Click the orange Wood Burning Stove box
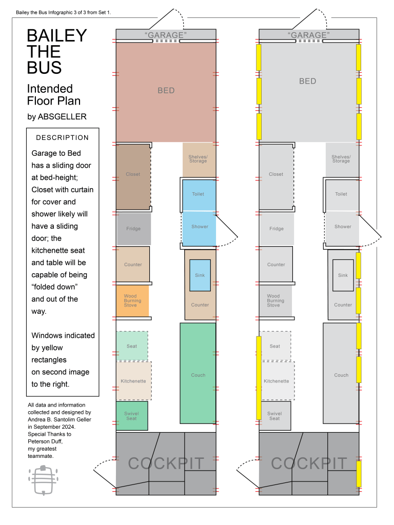[132, 300]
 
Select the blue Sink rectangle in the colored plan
[200, 275]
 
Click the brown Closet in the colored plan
[133, 177]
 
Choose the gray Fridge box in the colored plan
[134, 229]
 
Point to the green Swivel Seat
[132, 416]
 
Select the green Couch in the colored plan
[198, 373]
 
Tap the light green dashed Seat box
[132, 346]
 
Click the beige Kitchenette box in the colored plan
[134, 381]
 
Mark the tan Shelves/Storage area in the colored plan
[199, 160]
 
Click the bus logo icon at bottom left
[43, 480]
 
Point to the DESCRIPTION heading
[62, 137]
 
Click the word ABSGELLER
[62, 116]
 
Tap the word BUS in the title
[44, 68]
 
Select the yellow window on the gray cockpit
[359, 474]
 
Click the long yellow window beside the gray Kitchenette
[259, 378]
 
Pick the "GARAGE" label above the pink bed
[166, 35]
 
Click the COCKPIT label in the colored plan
[166, 463]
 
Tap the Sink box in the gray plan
[343, 275]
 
